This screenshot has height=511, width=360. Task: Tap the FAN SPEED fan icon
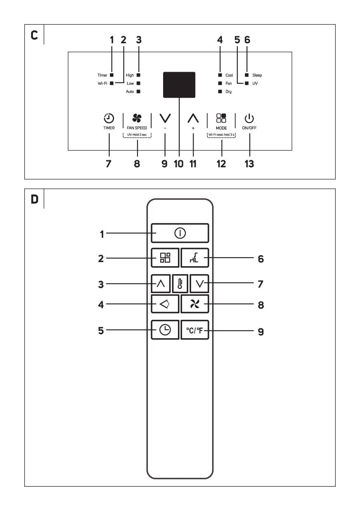(x=137, y=119)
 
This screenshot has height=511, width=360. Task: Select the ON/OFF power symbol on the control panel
(x=250, y=119)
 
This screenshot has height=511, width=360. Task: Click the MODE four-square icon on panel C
(x=221, y=119)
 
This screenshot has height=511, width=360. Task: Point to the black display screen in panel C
(x=179, y=85)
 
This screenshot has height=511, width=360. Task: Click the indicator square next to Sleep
(x=246, y=75)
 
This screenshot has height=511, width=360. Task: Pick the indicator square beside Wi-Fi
(x=111, y=83)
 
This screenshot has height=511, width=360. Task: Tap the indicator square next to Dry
(x=220, y=91)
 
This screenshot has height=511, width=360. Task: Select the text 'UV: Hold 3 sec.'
(x=137, y=135)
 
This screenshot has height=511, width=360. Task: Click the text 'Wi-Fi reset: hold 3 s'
(x=221, y=135)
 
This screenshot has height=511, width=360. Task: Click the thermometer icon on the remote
(x=180, y=284)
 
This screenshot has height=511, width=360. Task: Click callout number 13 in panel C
(x=249, y=164)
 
